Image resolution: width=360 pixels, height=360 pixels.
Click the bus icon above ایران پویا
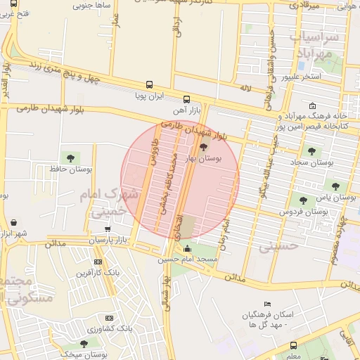(149, 84)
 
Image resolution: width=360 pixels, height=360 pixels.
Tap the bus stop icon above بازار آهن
(186, 99)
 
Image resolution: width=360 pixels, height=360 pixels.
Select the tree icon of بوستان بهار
(203, 147)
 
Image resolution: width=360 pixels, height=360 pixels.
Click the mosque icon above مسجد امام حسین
(187, 250)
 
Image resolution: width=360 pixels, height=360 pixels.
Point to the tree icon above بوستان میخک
(84, 344)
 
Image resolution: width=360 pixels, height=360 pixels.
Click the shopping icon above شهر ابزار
(14, 223)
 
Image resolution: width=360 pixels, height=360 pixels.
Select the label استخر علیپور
(301, 77)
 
